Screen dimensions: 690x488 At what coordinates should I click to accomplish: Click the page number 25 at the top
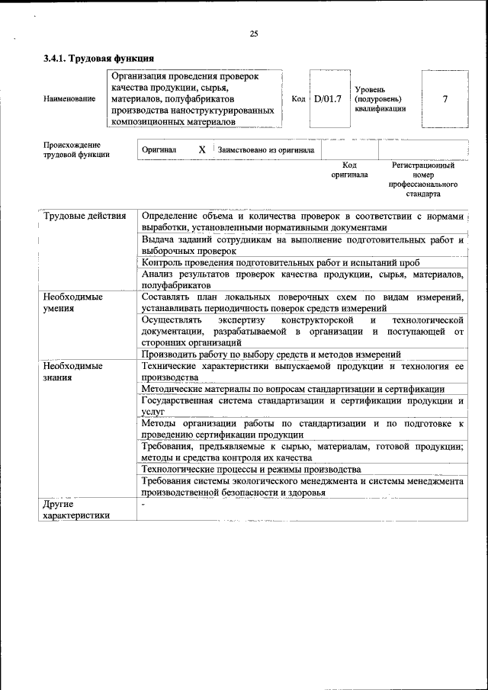tap(254, 34)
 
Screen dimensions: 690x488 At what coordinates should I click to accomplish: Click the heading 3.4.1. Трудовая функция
tap(99, 58)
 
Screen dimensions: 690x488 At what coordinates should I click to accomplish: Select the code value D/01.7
tap(328, 99)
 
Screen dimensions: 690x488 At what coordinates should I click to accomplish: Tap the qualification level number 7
tap(445, 99)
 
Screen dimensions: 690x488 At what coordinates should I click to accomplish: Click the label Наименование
tap(69, 99)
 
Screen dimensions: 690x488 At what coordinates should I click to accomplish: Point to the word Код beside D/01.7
tap(298, 99)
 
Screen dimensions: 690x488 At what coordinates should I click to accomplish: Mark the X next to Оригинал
tap(202, 150)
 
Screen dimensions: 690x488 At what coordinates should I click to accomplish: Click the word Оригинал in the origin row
tap(159, 150)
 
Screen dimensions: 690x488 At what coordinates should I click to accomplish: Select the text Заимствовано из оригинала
tap(265, 150)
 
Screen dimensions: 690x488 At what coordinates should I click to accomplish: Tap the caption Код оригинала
tap(349, 169)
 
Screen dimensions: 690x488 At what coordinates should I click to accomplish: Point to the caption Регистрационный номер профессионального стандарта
tap(423, 179)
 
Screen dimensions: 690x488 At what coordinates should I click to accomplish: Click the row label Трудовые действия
tap(85, 216)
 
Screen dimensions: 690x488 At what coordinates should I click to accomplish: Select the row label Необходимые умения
tap(73, 302)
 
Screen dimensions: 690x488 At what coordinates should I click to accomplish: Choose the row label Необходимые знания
tap(73, 371)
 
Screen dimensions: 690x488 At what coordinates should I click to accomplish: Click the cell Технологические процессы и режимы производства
tap(252, 470)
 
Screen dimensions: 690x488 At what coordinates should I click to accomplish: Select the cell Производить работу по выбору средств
tap(271, 355)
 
